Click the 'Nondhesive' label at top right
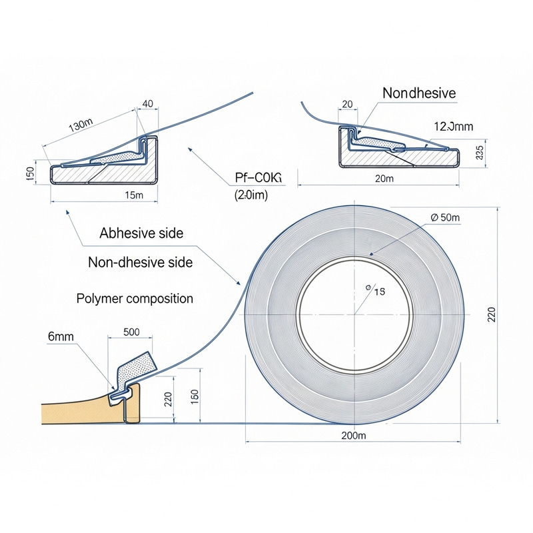click(419, 93)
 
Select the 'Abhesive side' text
click(141, 233)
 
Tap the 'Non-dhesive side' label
click(141, 263)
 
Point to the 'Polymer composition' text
click(135, 298)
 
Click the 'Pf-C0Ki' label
click(259, 177)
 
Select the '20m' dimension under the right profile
click(385, 179)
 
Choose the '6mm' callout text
click(61, 336)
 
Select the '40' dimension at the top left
click(148, 103)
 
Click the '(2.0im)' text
click(251, 195)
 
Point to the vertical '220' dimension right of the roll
click(492, 314)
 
